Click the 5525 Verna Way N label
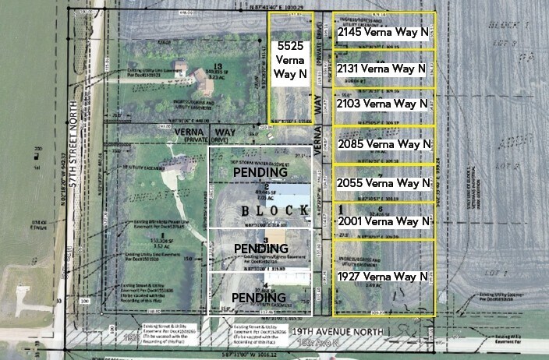pyautogui.click(x=290, y=62)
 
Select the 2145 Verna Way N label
pyautogui.click(x=384, y=34)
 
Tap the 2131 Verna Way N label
pyautogui.click(x=384, y=69)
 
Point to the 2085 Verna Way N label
pyautogui.click(x=384, y=144)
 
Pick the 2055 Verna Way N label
pyautogui.click(x=384, y=183)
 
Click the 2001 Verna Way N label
pyautogui.click(x=384, y=221)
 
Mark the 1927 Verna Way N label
pyautogui.click(x=384, y=277)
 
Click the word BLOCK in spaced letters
pyautogui.click(x=259, y=211)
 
